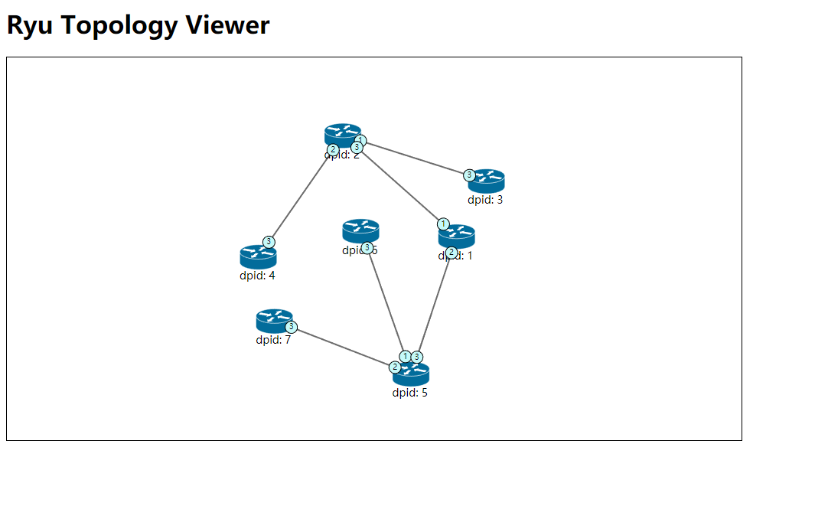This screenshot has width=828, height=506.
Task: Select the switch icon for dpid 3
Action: coord(487,181)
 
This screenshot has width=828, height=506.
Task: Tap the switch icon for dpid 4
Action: coord(257,257)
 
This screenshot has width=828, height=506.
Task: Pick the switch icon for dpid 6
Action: coord(360,230)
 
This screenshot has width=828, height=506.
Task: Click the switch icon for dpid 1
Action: coord(457,235)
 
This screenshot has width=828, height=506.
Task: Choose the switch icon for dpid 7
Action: coord(274,320)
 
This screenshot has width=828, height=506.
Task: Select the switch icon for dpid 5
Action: coord(411,374)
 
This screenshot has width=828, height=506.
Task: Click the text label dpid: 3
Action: coord(486,200)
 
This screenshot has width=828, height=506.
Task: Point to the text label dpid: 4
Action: coord(257,276)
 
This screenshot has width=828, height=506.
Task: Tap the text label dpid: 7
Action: coord(273,340)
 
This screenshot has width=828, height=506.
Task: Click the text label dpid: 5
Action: coord(410,393)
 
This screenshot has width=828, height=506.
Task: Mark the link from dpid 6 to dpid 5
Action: coord(386,302)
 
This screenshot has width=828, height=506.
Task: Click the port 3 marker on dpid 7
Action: coord(291,326)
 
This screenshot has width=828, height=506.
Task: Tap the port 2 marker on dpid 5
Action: coord(396,367)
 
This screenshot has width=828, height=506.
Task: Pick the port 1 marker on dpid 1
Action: coord(443,224)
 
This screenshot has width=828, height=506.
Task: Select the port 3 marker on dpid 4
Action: coord(269,242)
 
